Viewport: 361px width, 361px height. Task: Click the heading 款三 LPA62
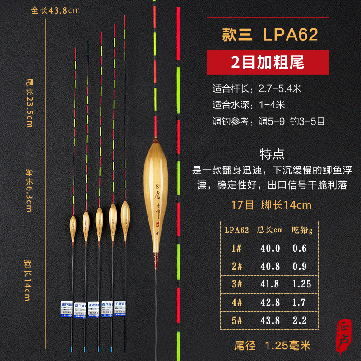270,35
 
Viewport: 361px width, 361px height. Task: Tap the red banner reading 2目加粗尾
270,61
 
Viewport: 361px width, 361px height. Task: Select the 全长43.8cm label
50,10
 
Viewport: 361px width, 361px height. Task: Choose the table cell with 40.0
270,248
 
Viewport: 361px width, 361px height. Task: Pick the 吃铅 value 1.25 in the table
299,284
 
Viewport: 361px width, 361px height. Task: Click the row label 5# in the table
237,320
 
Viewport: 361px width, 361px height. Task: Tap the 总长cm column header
270,230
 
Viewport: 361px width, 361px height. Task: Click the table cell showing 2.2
299,320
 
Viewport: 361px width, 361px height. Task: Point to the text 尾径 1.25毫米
273,346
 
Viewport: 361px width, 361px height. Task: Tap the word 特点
273,155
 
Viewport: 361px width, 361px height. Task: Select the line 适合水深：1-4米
249,105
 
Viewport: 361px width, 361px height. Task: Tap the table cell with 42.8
270,302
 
